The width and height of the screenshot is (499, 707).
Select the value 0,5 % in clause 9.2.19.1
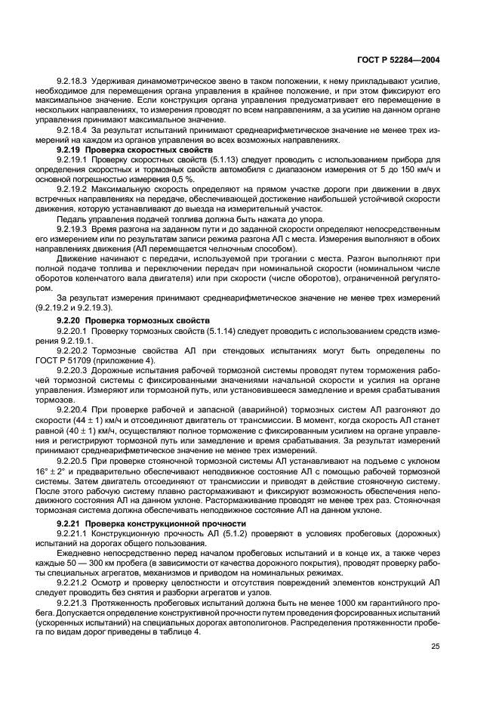click(185, 180)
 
